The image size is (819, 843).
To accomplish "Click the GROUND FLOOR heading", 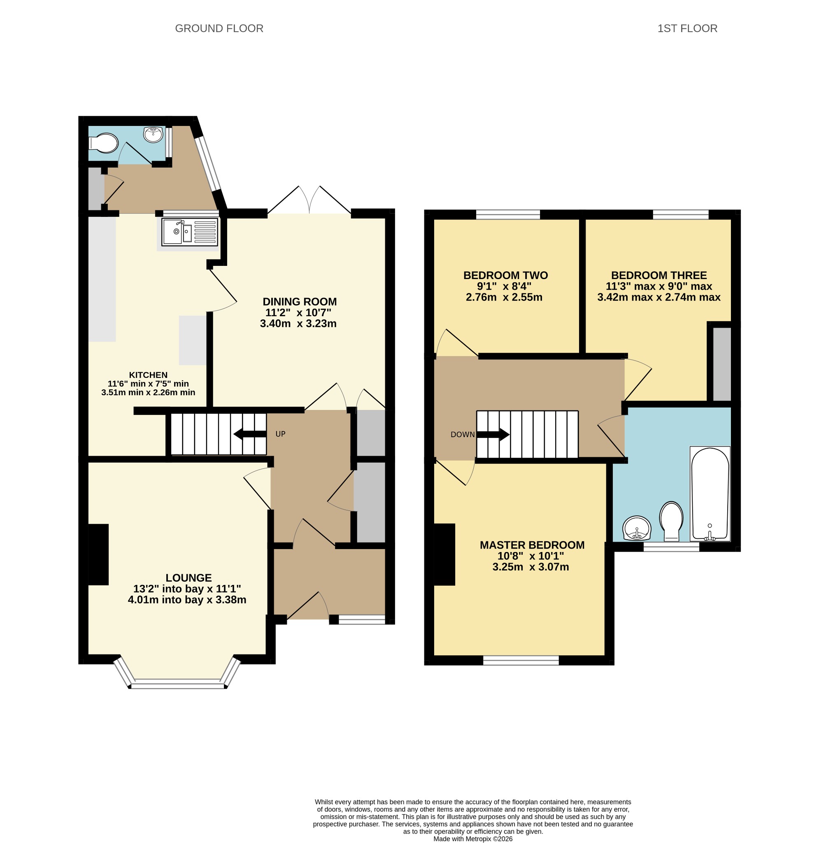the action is point(219,28).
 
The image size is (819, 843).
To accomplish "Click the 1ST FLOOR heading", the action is point(687,28).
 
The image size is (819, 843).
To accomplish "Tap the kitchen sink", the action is point(190,231).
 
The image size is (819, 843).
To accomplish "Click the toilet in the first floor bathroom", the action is point(672,521).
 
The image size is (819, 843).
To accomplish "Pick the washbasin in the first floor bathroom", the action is point(637,528).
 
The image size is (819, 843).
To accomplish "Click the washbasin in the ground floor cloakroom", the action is point(153,134).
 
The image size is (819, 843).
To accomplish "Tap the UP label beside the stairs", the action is point(280,434).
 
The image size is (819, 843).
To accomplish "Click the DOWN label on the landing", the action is point(463,435).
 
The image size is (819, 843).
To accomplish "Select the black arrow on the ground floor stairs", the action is point(250,434).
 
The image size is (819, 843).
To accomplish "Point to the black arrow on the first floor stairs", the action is point(493,434).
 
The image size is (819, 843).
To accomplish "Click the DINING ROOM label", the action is point(299,301).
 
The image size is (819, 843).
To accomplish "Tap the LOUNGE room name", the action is point(189,578).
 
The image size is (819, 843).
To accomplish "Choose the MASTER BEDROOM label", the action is point(532,545).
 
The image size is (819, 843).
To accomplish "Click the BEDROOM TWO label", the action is point(505,275).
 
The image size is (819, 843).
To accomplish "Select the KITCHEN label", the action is point(149,375).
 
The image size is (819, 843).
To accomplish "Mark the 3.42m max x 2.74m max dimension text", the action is point(658,297).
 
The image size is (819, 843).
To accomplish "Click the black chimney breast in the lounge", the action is point(98,554).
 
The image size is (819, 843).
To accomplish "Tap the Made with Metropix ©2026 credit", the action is point(473,839).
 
